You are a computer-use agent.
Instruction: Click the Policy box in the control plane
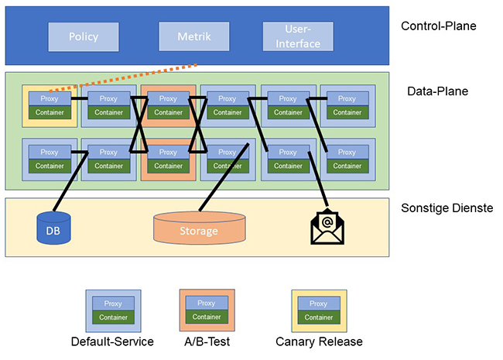click(x=84, y=36)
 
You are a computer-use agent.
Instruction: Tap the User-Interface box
click(x=301, y=36)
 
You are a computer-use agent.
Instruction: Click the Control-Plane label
click(x=438, y=26)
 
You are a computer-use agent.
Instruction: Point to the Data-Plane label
click(x=437, y=91)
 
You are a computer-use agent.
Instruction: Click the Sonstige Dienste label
click(x=446, y=209)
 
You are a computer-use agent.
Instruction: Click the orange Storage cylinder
click(x=199, y=229)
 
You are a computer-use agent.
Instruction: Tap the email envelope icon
click(x=327, y=226)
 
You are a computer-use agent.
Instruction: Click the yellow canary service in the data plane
click(x=49, y=105)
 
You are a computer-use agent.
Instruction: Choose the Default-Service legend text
click(x=112, y=341)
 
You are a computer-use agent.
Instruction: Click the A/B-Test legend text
click(x=205, y=341)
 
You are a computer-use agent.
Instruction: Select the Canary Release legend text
click(x=319, y=341)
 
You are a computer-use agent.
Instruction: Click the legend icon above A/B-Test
click(x=207, y=310)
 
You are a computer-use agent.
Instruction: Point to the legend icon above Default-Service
click(x=113, y=310)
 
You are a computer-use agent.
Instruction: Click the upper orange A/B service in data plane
click(x=168, y=105)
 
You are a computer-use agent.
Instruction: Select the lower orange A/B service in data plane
click(x=168, y=159)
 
